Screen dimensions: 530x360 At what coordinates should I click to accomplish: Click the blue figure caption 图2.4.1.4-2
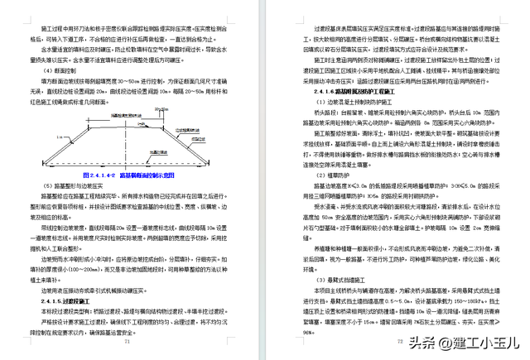pos(132,176)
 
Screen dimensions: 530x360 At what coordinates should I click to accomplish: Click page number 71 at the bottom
pos(127,341)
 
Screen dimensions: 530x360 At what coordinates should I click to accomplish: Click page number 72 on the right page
pos(398,341)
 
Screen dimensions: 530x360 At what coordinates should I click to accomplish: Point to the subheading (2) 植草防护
pos(313,175)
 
